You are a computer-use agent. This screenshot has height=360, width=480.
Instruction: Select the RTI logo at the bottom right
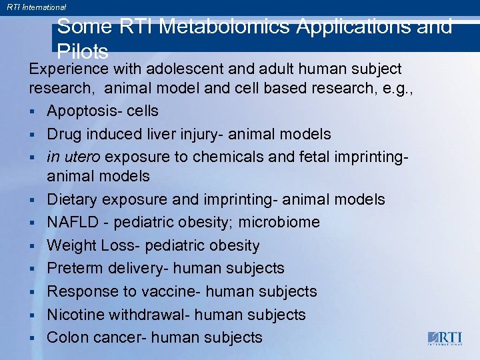[x=444, y=338]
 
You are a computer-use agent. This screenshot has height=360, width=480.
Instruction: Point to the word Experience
[x=69, y=69]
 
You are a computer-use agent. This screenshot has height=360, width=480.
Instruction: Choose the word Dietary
[x=73, y=199]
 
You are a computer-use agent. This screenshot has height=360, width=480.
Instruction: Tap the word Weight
[x=72, y=245]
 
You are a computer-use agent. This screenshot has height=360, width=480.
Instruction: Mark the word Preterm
[x=74, y=268]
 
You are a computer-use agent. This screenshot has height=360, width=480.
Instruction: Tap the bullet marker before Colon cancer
[x=32, y=338]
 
